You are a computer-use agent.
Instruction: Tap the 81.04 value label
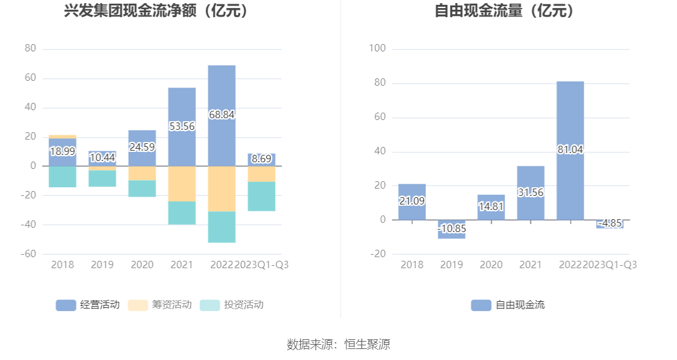[x=570, y=149]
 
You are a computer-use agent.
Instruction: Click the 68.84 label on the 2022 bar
[x=222, y=114]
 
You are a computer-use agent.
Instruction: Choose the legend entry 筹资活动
[x=160, y=305]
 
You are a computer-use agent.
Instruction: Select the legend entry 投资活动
[x=232, y=305]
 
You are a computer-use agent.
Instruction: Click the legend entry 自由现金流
[x=508, y=305]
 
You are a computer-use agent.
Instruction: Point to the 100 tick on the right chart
[x=377, y=48]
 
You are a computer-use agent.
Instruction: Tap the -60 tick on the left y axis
[x=30, y=254]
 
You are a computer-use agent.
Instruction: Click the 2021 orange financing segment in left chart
[x=182, y=184]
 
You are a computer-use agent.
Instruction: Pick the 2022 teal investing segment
[x=222, y=227]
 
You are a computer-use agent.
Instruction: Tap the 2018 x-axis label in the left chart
[x=62, y=265]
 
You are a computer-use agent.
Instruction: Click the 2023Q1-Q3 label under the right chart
[x=610, y=265]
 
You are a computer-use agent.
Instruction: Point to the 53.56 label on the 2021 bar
[x=182, y=127]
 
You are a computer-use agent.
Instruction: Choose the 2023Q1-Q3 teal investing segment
[x=261, y=197]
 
